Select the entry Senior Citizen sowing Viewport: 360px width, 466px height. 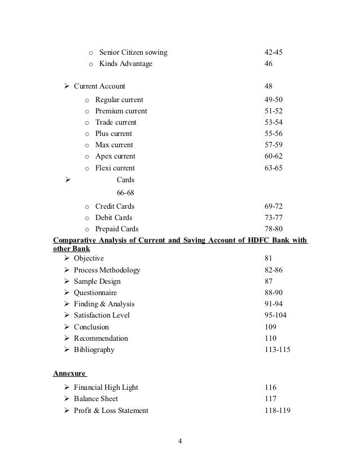pos(133,53)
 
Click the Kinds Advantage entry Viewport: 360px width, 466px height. pos(125,64)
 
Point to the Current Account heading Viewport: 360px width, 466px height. pos(99,86)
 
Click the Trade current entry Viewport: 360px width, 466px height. pos(116,122)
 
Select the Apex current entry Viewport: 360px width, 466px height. pos(115,156)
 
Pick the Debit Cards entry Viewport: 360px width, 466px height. pos(113,218)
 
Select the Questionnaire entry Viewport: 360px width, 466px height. pos(95,293)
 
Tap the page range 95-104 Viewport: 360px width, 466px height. pos(275,315)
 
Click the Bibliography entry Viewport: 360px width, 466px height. pos(94,350)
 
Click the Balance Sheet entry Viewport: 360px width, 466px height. pos(96,399)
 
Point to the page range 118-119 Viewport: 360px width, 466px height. pos(277,411)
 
